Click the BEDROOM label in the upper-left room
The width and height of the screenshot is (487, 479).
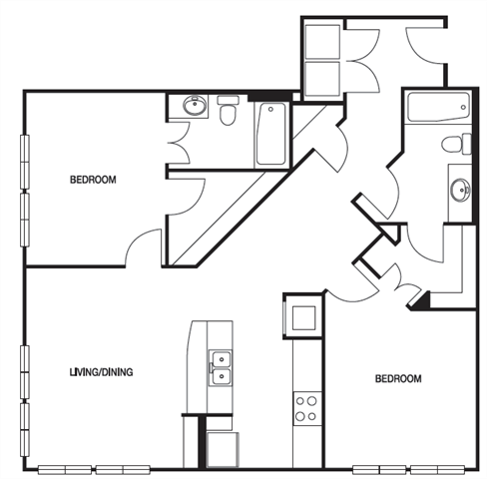[x=93, y=181]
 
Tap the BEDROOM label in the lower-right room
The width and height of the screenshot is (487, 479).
[x=397, y=379]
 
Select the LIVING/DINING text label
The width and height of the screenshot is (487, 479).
[x=101, y=373]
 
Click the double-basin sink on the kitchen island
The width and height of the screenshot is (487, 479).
[x=220, y=368]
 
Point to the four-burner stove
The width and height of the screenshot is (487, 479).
[x=305, y=408]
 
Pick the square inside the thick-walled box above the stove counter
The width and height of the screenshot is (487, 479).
[x=304, y=316]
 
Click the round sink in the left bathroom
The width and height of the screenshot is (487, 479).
[x=193, y=104]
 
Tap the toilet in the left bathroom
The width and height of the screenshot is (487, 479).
[x=228, y=111]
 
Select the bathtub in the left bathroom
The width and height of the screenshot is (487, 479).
[x=270, y=135]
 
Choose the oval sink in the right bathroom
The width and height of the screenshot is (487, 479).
[x=459, y=188]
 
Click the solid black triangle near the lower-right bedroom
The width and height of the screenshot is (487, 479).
[x=421, y=300]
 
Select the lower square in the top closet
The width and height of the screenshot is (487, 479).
[x=321, y=80]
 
